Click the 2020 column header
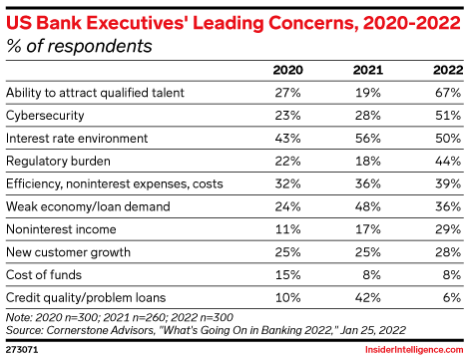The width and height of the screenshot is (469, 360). coord(287,70)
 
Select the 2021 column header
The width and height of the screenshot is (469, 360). coord(368,70)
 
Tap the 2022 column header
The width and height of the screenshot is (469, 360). coord(448,70)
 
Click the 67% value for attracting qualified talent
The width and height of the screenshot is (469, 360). coord(448,93)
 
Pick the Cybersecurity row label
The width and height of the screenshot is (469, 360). coord(45,116)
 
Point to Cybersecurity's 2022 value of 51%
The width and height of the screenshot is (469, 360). coord(448,116)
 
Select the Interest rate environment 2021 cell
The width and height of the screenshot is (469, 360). coord(368,139)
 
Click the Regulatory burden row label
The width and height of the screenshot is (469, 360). coord(58,162)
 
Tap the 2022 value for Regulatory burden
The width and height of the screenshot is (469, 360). coord(448,162)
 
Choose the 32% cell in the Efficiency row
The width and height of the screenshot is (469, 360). coord(287,183)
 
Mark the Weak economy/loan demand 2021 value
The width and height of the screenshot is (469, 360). coord(368,206)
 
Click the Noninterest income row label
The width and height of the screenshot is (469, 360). coord(61,229)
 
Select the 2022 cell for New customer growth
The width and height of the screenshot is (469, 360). coord(448,252)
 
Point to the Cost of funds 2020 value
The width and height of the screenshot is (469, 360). coord(287,275)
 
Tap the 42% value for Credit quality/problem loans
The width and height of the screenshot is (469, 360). coord(368,297)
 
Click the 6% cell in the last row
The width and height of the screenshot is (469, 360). coord(452,297)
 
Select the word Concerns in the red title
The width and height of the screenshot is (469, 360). coord(313,23)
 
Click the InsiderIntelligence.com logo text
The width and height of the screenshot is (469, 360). coord(414,350)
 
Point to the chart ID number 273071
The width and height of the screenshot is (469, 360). coord(22,350)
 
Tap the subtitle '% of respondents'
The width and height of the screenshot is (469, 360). coord(79,46)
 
